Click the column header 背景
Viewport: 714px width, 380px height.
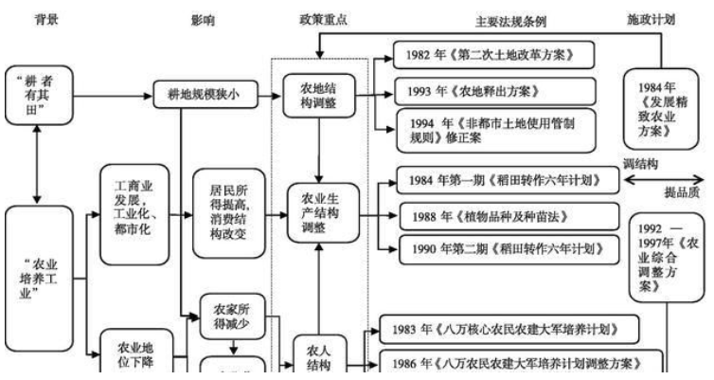[46, 19]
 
